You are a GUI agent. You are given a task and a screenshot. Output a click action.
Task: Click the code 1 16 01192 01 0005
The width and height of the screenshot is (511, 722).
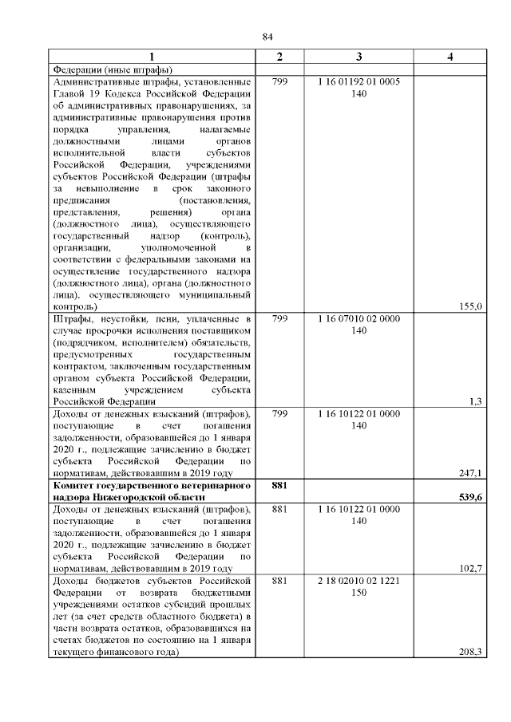click(x=358, y=82)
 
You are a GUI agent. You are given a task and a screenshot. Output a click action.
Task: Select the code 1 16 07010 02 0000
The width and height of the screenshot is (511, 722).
click(x=358, y=318)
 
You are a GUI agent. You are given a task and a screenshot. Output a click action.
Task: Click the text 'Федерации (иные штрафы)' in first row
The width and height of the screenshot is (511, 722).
click(x=113, y=69)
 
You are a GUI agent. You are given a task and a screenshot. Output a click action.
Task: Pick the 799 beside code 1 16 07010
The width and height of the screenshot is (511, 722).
click(x=279, y=318)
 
